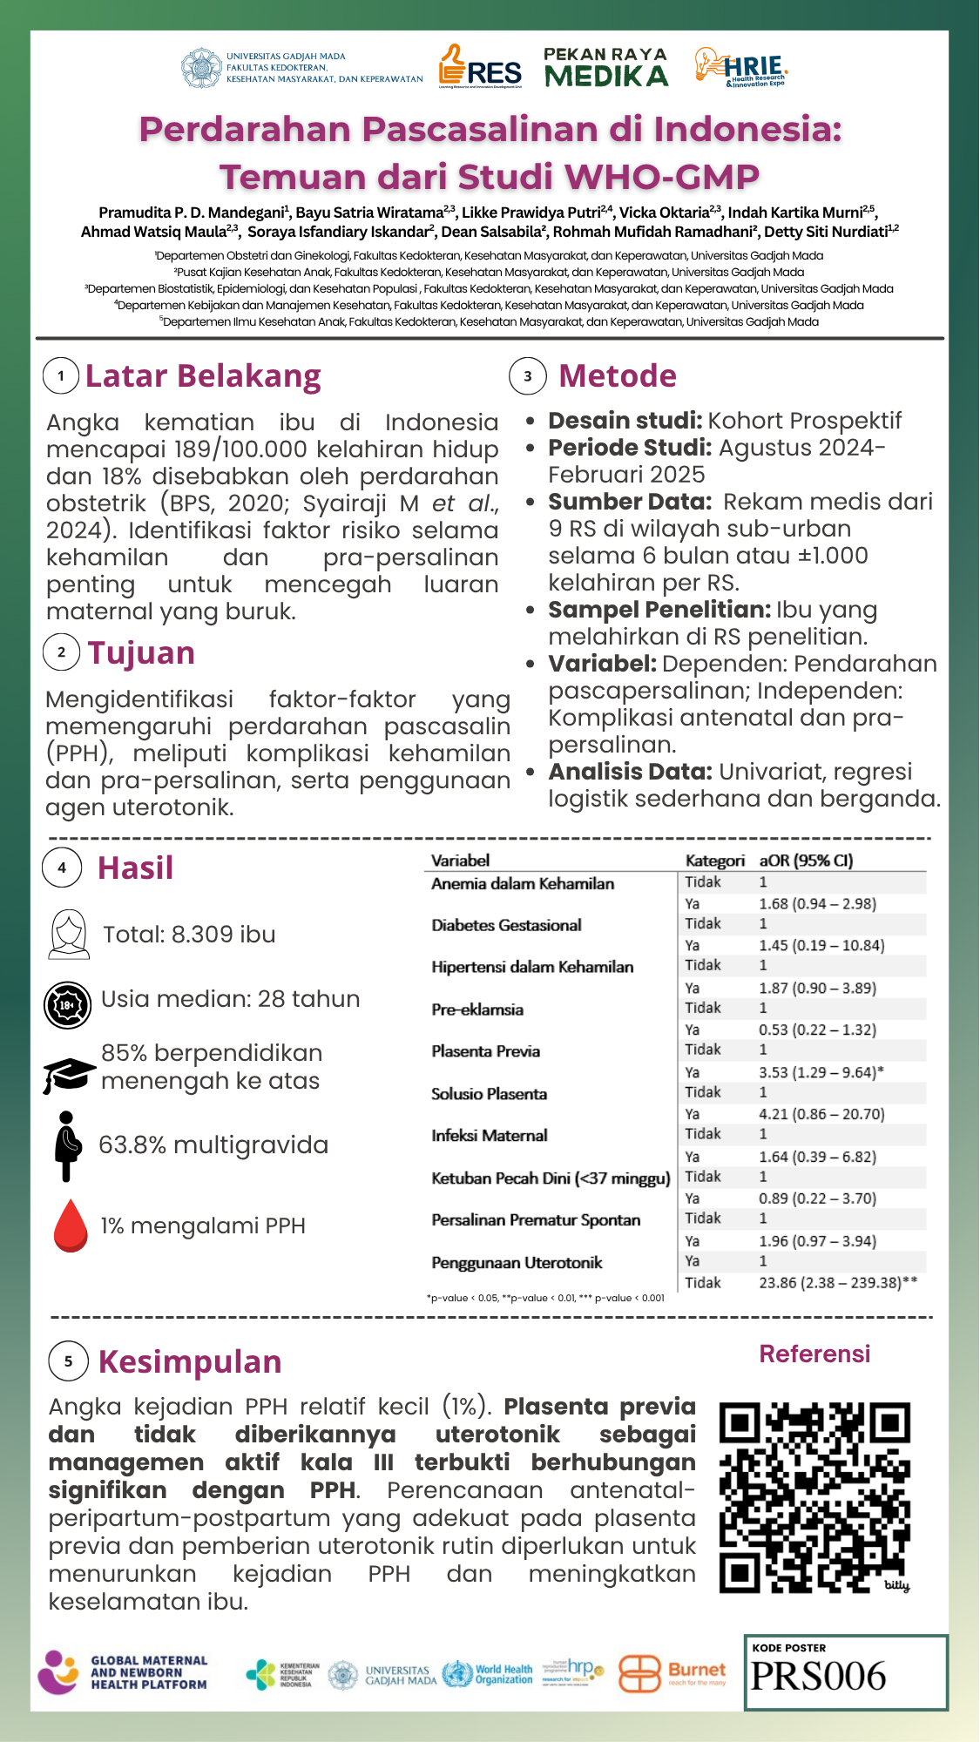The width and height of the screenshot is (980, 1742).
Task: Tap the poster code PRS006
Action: (x=818, y=1675)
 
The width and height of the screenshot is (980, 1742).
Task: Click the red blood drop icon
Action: (x=71, y=1225)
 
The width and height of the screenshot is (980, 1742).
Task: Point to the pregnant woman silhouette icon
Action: (x=68, y=1145)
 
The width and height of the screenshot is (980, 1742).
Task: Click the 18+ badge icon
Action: (x=67, y=1005)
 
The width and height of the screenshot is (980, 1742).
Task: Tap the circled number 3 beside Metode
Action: (x=527, y=376)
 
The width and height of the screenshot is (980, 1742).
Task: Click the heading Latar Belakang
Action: (x=203, y=376)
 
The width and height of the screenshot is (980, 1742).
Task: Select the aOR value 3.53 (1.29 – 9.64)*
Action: (x=821, y=1072)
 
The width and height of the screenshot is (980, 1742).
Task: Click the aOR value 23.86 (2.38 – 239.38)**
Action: (x=837, y=1282)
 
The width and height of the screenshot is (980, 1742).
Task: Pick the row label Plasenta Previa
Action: (x=485, y=1051)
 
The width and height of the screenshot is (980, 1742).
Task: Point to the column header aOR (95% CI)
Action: (x=806, y=861)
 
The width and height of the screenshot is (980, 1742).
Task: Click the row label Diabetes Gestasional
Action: (x=506, y=925)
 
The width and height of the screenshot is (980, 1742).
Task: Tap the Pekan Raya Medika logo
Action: (x=606, y=68)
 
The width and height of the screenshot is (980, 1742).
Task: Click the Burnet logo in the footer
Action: (x=672, y=1673)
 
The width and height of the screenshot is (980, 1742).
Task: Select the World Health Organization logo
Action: (x=488, y=1674)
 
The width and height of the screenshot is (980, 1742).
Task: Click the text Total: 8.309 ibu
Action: (x=189, y=935)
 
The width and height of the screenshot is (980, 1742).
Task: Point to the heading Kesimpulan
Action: (x=190, y=1362)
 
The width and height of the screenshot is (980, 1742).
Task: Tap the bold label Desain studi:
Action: (x=625, y=421)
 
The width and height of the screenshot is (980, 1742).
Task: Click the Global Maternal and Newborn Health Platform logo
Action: (x=123, y=1672)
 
